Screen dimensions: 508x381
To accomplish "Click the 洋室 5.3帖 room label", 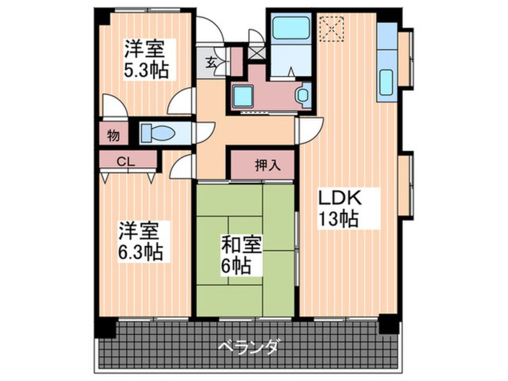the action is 147,59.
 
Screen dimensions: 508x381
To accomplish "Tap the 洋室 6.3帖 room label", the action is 140,241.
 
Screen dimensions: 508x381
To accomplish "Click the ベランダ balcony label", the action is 248,347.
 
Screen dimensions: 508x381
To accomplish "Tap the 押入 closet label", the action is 268,165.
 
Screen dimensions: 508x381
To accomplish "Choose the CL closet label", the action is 125,162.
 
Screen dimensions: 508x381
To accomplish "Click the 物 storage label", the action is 113,135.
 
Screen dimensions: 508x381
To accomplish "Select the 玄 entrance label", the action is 211,62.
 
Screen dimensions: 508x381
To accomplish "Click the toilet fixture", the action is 158,133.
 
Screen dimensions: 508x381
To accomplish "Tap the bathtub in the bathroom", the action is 290,28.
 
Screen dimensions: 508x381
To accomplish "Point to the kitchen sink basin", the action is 386,82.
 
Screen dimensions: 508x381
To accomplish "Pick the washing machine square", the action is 243,96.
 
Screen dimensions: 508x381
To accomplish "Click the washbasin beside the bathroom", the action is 303,96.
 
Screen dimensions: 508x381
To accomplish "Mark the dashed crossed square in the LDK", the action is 331,29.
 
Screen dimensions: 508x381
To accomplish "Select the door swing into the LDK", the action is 310,130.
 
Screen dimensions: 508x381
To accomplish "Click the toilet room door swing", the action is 205,133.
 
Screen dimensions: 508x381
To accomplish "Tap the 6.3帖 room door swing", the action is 183,166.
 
